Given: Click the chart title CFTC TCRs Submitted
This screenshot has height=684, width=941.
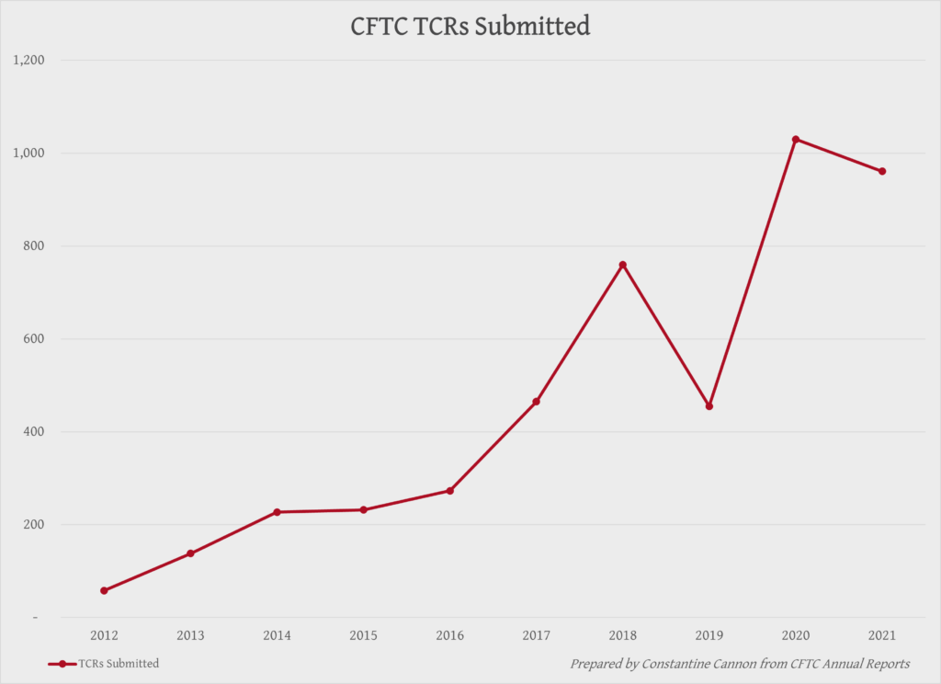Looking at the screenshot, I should point(470,27).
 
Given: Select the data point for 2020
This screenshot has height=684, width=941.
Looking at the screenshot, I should point(796,139).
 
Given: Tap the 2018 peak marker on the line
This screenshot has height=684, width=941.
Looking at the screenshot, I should point(623,265).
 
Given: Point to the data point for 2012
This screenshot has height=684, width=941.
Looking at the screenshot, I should point(104,590).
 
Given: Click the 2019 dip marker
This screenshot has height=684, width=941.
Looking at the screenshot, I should point(709,405).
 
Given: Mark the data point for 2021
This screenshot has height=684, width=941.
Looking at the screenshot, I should point(882,171).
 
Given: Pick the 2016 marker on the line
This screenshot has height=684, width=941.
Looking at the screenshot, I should point(449,491).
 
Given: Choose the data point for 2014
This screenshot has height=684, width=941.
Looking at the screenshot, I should point(277,512).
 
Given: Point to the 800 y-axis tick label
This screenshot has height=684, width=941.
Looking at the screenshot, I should point(35,246).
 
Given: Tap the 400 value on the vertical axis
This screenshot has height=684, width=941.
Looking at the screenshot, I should point(35,432).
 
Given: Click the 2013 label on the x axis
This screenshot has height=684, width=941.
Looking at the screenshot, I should point(190,636).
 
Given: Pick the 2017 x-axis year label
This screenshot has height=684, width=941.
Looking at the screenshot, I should point(536,636).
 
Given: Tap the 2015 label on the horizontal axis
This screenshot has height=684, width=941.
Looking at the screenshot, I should point(363,636).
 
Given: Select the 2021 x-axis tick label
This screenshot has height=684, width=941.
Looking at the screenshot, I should point(882,636).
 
